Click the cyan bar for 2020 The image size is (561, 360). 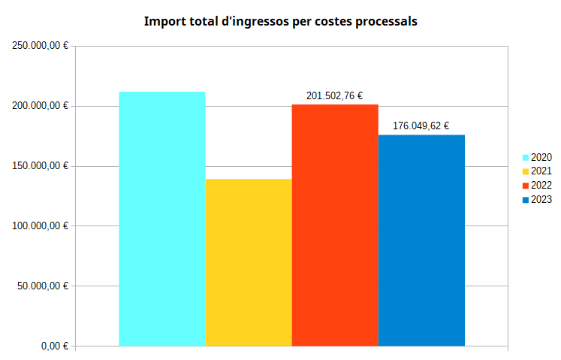162,219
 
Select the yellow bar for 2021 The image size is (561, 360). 249,262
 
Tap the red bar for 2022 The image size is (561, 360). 335,225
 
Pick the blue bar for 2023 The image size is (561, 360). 421,241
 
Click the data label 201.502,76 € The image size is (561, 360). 335,96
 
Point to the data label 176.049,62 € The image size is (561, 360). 421,126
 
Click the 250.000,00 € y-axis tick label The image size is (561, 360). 41,47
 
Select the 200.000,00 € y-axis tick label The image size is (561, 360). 41,106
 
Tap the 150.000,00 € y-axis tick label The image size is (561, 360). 41,166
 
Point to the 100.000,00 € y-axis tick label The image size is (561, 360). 41,226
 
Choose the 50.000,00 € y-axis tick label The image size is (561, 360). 43,286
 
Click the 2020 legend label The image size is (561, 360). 541,157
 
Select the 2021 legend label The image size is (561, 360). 541,171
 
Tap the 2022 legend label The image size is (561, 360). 541,186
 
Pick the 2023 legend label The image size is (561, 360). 541,199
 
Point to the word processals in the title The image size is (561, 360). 384,22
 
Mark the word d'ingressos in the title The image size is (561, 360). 253,22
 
